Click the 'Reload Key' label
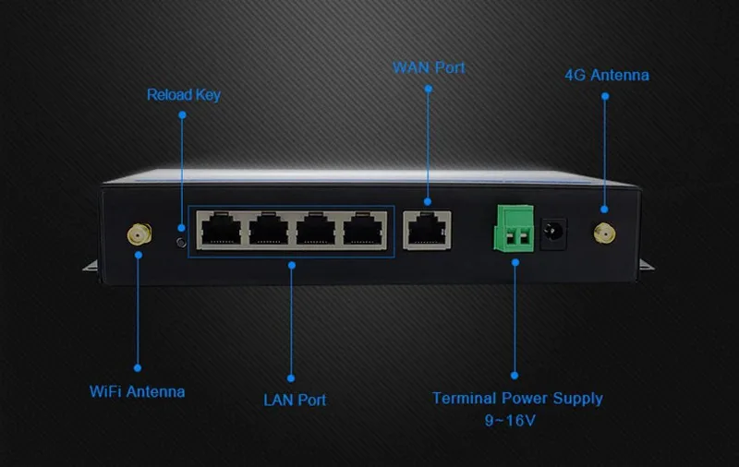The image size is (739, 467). click(183, 95)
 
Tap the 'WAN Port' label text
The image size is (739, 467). click(429, 68)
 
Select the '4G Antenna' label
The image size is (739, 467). click(606, 75)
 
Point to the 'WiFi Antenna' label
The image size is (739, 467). click(137, 391)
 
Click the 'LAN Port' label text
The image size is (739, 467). click(294, 400)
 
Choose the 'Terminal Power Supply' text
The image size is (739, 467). click(517, 399)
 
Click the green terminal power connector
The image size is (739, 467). click(515, 229)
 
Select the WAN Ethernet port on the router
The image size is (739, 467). click(427, 229)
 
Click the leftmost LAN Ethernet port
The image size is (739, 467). click(221, 229)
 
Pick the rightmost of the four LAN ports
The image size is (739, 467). click(365, 229)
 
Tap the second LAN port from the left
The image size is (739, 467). click(269, 229)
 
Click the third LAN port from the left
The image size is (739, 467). click(317, 229)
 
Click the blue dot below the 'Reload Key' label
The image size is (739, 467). click(182, 115)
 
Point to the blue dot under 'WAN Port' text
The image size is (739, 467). click(428, 89)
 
